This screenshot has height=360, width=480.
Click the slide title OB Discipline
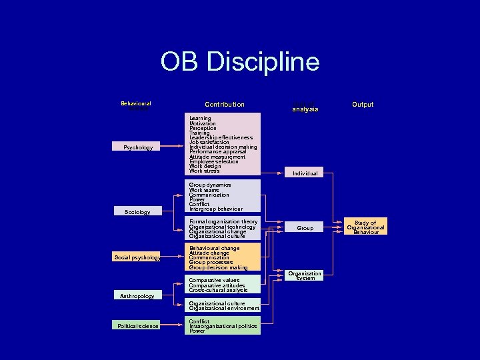pyautogui.click(x=240, y=63)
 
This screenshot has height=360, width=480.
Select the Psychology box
pyautogui.click(x=138, y=147)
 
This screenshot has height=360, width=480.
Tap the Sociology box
pyautogui.click(x=138, y=212)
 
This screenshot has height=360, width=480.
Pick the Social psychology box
pyautogui.click(x=138, y=257)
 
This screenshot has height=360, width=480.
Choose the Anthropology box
pyautogui.click(x=137, y=296)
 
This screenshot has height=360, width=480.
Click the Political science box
pyautogui.click(x=138, y=326)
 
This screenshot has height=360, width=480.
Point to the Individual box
pyautogui.click(x=305, y=173)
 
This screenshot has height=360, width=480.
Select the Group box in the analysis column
pyautogui.click(x=305, y=228)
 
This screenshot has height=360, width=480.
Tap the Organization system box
pyautogui.click(x=305, y=276)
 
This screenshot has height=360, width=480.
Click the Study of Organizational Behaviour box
pyautogui.click(x=365, y=227)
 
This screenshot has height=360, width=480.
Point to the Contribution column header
pyautogui.click(x=225, y=105)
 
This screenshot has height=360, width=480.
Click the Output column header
pyautogui.click(x=363, y=105)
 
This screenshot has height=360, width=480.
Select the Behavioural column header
pyautogui.click(x=136, y=104)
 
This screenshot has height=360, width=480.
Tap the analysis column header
pyautogui.click(x=305, y=109)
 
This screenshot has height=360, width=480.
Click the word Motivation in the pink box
pyautogui.click(x=203, y=123)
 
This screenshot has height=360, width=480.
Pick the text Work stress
pyautogui.click(x=204, y=171)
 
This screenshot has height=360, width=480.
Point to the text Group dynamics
pyautogui.click(x=210, y=185)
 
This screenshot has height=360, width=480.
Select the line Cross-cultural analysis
pyautogui.click(x=218, y=291)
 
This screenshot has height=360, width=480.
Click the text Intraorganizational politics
pyautogui.click(x=223, y=326)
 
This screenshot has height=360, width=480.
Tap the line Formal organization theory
pyautogui.click(x=223, y=222)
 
